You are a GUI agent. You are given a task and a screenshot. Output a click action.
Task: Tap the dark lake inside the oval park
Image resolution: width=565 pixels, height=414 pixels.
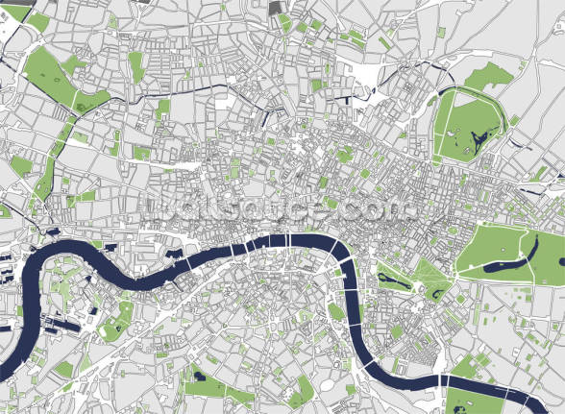(x=474, y=142)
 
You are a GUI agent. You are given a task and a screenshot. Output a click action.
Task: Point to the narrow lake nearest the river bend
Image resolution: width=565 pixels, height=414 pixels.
(x=389, y=279)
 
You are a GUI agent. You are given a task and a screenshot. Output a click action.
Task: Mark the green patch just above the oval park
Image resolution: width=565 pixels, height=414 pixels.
(x=490, y=74)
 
